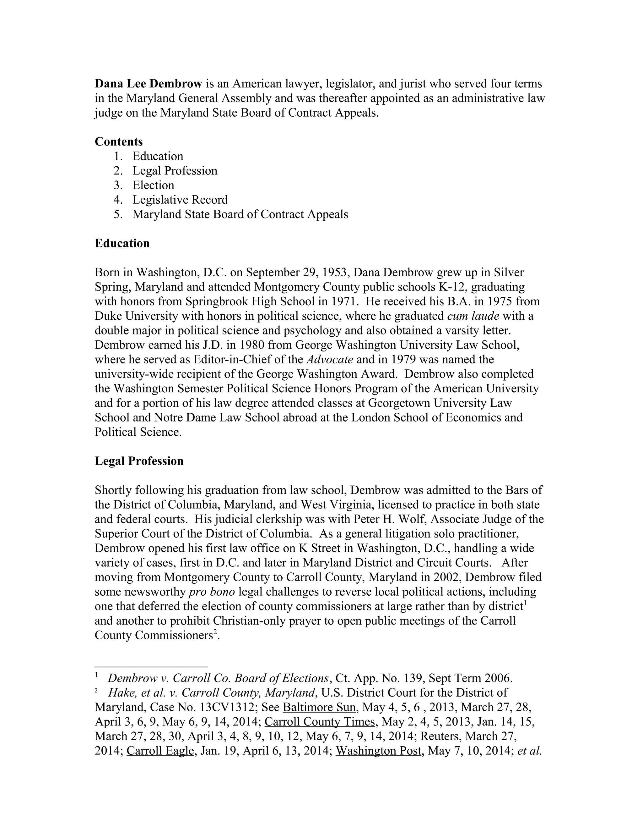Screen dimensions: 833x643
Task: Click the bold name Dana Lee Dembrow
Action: click(x=148, y=84)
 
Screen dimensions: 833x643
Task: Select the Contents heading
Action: click(x=118, y=141)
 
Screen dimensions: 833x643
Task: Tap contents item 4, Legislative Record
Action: click(x=180, y=200)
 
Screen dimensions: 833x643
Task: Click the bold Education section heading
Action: click(x=122, y=243)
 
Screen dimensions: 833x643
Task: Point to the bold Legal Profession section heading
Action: click(x=139, y=461)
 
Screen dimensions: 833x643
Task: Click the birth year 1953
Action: click(x=336, y=272)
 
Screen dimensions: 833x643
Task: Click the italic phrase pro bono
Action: click(x=212, y=592)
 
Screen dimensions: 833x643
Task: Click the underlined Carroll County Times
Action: click(x=320, y=722)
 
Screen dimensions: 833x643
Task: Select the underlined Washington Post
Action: click(x=378, y=751)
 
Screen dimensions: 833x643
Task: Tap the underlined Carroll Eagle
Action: click(x=160, y=751)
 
